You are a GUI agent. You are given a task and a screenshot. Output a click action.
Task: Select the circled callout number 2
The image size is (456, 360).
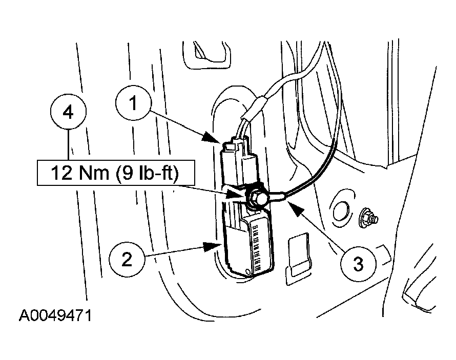click(x=127, y=260)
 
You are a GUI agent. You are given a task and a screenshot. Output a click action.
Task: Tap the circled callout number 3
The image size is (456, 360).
click(x=358, y=264)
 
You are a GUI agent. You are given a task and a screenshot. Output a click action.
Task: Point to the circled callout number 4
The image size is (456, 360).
click(x=68, y=112)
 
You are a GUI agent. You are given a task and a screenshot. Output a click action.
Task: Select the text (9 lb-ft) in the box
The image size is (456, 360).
click(x=148, y=173)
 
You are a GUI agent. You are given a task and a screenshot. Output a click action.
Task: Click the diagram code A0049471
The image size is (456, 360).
click(x=55, y=315)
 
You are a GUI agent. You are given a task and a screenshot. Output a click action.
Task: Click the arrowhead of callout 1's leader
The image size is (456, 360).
click(x=210, y=137)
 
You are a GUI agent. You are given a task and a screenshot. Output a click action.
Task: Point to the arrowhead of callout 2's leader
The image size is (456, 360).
click(x=212, y=247)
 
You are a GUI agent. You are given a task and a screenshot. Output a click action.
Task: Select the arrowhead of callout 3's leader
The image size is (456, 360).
click(x=294, y=208)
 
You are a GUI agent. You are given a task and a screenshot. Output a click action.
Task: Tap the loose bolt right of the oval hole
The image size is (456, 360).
click(x=369, y=218)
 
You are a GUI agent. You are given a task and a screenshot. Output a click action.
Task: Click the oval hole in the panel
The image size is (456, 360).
click(x=341, y=211)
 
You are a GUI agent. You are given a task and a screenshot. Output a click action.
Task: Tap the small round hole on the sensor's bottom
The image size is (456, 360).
click(x=248, y=271)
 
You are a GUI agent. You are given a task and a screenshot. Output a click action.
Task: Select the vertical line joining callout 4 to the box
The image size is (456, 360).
click(x=69, y=145)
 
